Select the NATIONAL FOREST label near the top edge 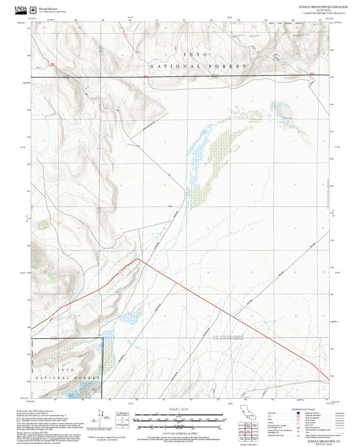[x=190, y=67]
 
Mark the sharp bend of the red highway [x=139, y=259]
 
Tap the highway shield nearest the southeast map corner [x=315, y=369]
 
